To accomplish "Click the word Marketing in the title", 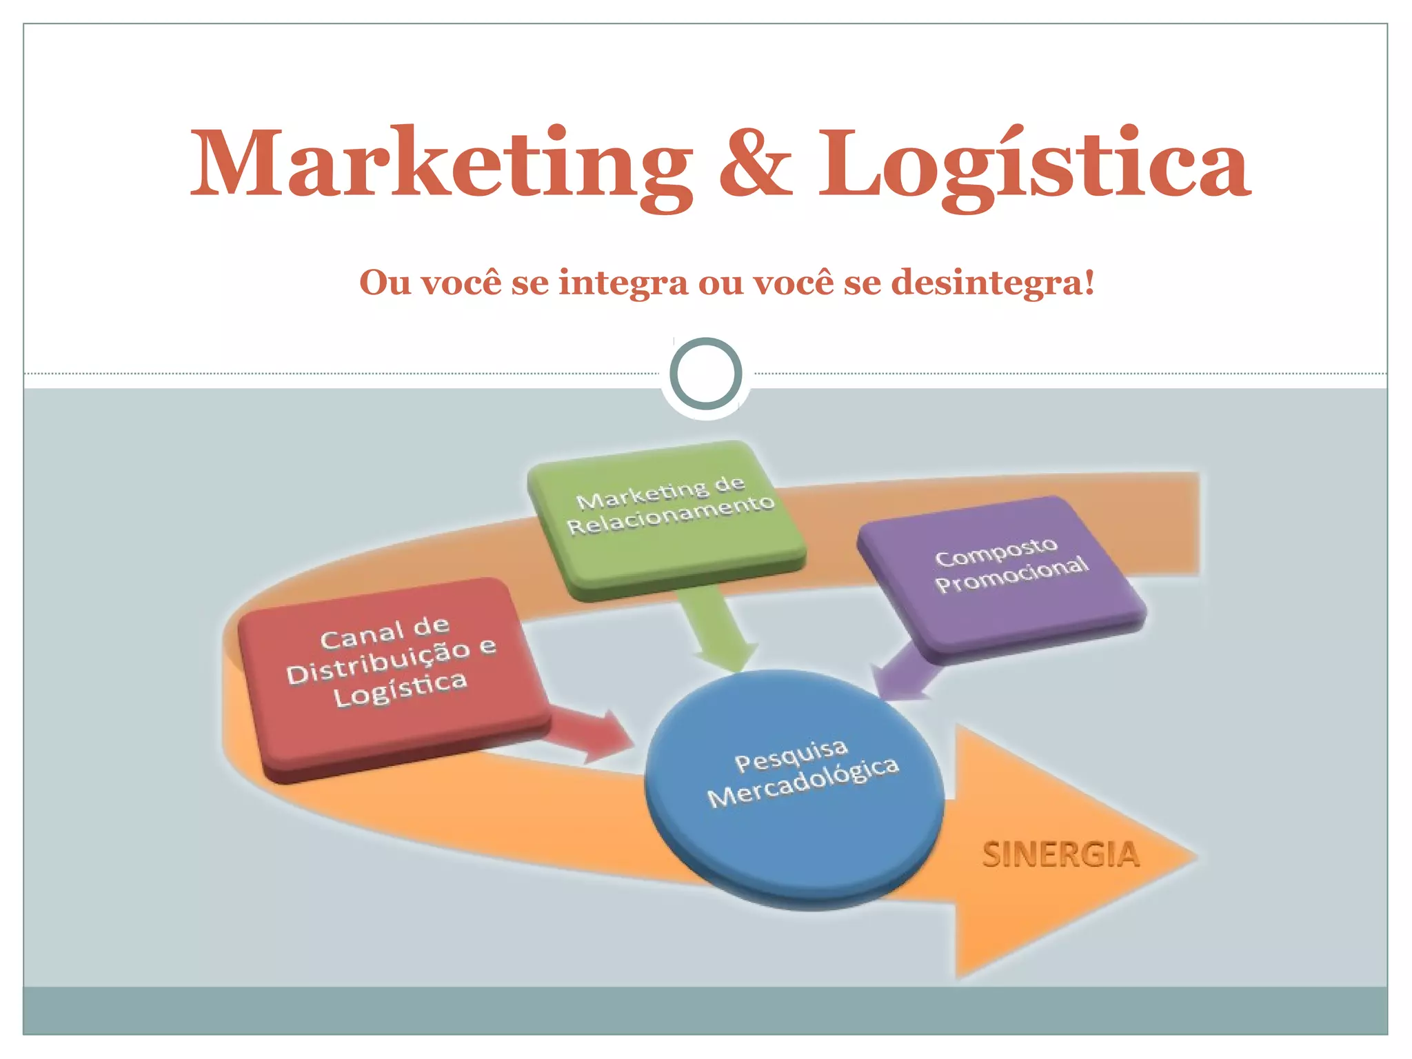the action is pyautogui.click(x=441, y=165).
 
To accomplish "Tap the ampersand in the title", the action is pyautogui.click(x=755, y=165).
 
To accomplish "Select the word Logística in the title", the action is pyautogui.click(x=1034, y=165).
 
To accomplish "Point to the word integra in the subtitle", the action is pyautogui.click(x=623, y=282).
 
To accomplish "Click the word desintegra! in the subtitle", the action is pyautogui.click(x=993, y=282).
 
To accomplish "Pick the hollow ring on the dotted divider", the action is pyautogui.click(x=706, y=374).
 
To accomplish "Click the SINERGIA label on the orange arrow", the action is pyautogui.click(x=1061, y=855).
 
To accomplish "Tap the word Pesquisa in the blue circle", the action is pyautogui.click(x=791, y=756).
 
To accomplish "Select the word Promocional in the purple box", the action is pyautogui.click(x=1012, y=575).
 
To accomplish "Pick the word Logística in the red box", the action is pyautogui.click(x=401, y=689).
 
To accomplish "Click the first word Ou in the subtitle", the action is pyautogui.click(x=385, y=282).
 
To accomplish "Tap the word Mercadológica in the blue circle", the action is pyautogui.click(x=804, y=783).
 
